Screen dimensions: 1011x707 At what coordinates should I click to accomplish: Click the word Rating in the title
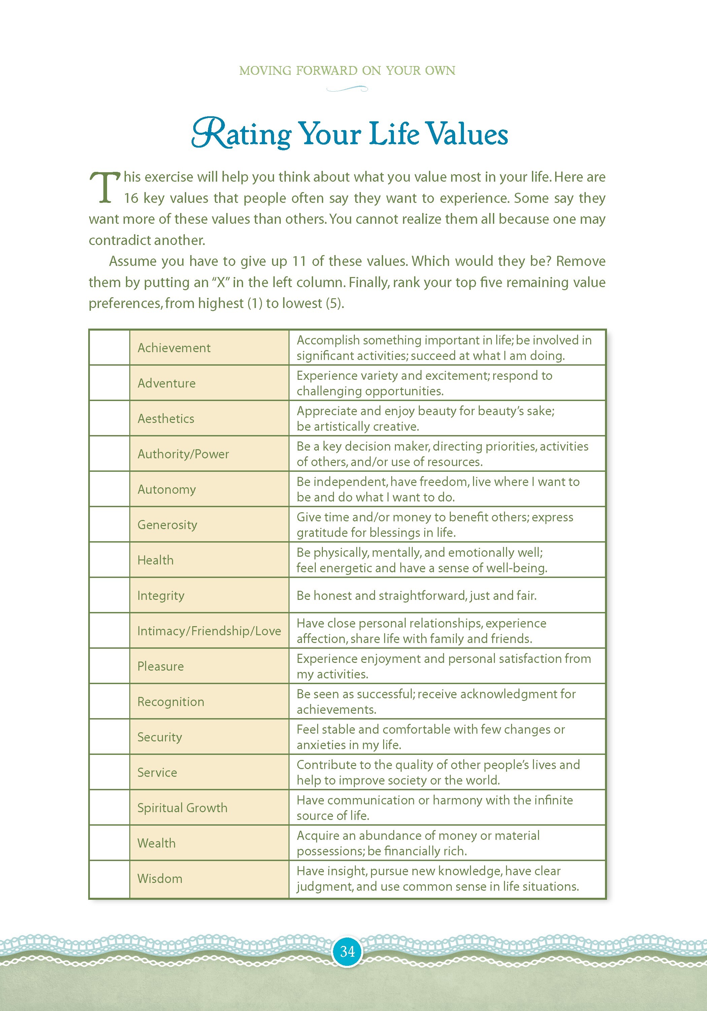pos(241,134)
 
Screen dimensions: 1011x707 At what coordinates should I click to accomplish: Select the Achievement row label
pos(174,348)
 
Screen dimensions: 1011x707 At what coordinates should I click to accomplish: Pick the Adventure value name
pos(166,383)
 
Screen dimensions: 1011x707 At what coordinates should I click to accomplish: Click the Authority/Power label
pos(183,454)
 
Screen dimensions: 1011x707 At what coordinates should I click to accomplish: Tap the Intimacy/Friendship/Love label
pos(209,631)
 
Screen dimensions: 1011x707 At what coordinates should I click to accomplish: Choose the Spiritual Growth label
pos(182,808)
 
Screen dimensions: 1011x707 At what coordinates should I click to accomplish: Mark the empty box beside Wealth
pos(109,843)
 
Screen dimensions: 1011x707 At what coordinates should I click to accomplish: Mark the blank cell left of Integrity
pos(109,595)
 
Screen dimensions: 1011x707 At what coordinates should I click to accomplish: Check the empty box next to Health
pos(109,560)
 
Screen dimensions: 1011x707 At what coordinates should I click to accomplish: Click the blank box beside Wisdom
pos(109,879)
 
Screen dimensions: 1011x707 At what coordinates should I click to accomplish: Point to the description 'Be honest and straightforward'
pos(416,595)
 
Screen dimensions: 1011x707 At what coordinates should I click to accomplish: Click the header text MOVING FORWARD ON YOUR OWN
pos(347,70)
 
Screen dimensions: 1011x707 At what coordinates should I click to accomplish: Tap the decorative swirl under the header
pos(347,89)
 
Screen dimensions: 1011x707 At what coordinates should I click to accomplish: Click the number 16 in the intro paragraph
pos(131,198)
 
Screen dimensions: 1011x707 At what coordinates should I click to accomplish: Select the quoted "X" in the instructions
pos(221,282)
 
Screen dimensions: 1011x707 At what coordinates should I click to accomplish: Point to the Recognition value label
pos(171,702)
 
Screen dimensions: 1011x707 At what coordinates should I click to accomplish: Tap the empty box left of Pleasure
pos(109,666)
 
